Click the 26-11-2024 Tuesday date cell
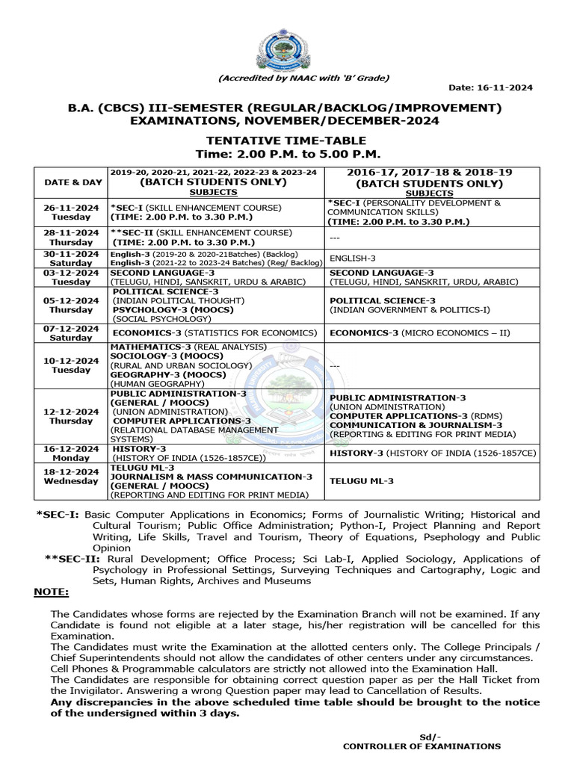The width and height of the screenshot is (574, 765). tap(71, 211)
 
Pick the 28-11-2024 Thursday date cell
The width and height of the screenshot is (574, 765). tap(71, 237)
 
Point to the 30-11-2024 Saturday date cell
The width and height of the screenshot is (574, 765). tap(71, 258)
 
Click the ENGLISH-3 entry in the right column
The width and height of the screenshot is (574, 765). tap(353, 258)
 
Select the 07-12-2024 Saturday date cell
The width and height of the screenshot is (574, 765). tap(71, 332)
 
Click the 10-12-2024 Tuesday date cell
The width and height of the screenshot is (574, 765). tap(71, 365)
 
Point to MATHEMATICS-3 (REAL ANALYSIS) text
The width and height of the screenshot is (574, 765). tap(188, 347)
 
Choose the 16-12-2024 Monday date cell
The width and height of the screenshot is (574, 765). tap(71, 453)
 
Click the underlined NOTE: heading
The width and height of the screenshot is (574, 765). tap(52, 592)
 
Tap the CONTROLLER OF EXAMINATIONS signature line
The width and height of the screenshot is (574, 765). tap(422, 746)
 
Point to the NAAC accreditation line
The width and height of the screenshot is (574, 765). tap(303, 78)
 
